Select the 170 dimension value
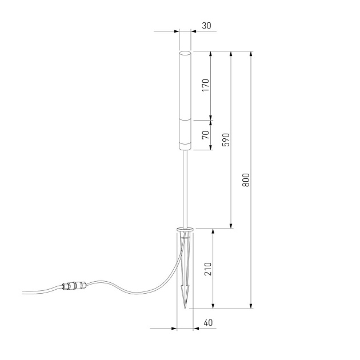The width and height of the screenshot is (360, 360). (x=206, y=86)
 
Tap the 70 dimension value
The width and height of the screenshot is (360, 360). (x=206, y=135)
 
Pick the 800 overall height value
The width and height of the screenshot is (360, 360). (x=246, y=180)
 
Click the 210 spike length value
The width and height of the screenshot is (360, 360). (x=208, y=269)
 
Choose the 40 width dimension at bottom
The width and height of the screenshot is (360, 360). (x=208, y=323)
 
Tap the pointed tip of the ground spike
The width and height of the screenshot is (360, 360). (x=185, y=307)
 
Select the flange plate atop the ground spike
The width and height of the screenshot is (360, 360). (x=185, y=230)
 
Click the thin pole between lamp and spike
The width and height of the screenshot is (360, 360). (x=185, y=189)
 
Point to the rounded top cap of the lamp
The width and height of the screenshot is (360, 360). (x=185, y=53)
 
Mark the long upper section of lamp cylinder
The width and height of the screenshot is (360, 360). (x=185, y=86)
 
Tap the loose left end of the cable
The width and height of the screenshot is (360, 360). (x=24, y=293)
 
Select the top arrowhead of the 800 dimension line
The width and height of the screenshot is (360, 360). (x=251, y=54)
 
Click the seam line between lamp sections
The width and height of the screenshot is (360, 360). (x=185, y=120)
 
